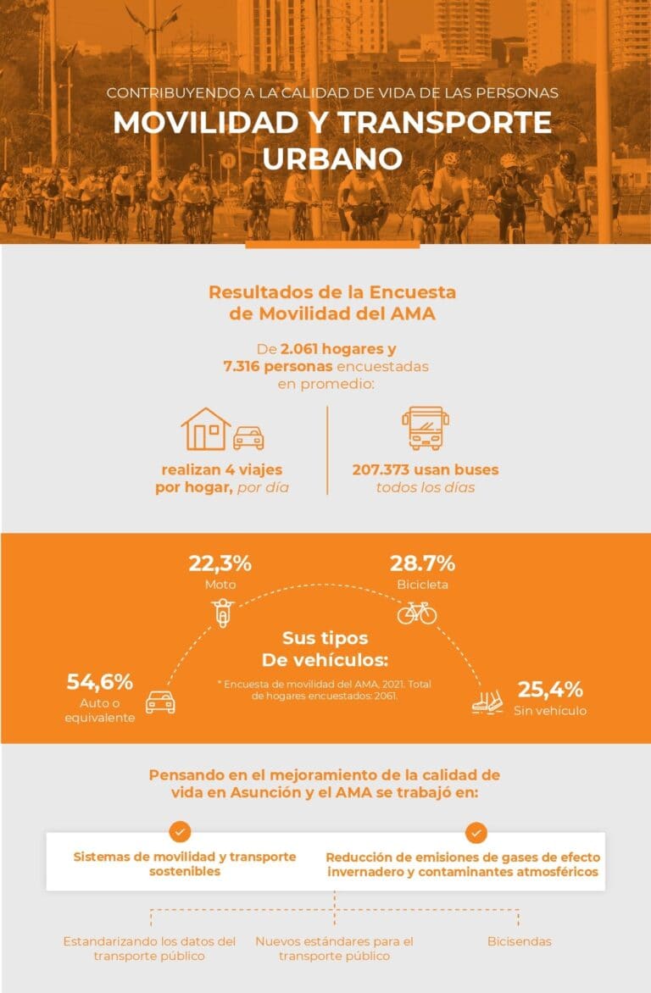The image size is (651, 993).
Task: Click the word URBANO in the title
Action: pyautogui.click(x=331, y=158)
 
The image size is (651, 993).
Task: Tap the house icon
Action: pyautogui.click(x=206, y=429)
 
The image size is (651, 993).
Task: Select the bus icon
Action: pyautogui.click(x=425, y=428)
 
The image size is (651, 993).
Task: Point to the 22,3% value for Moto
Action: pyautogui.click(x=220, y=563)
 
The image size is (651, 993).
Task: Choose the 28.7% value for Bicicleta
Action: pyautogui.click(x=422, y=563)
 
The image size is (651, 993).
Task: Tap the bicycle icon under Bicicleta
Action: pyautogui.click(x=417, y=612)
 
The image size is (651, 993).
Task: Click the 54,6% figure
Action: pyautogui.click(x=100, y=682)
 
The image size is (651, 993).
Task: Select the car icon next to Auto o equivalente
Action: pyautogui.click(x=160, y=702)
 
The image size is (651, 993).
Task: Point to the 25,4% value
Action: pyautogui.click(x=549, y=689)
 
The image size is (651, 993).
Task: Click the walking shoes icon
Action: pyautogui.click(x=487, y=701)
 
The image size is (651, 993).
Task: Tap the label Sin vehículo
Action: pyautogui.click(x=549, y=710)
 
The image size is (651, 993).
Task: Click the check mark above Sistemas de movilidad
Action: pyautogui.click(x=181, y=831)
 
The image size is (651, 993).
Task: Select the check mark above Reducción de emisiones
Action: pyautogui.click(x=476, y=831)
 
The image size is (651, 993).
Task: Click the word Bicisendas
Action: pyautogui.click(x=519, y=941)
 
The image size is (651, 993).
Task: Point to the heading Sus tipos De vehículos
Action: pyautogui.click(x=325, y=648)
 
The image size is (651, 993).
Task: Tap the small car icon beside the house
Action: pyautogui.click(x=248, y=437)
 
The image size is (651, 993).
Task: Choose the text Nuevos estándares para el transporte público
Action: pyautogui.click(x=334, y=948)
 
